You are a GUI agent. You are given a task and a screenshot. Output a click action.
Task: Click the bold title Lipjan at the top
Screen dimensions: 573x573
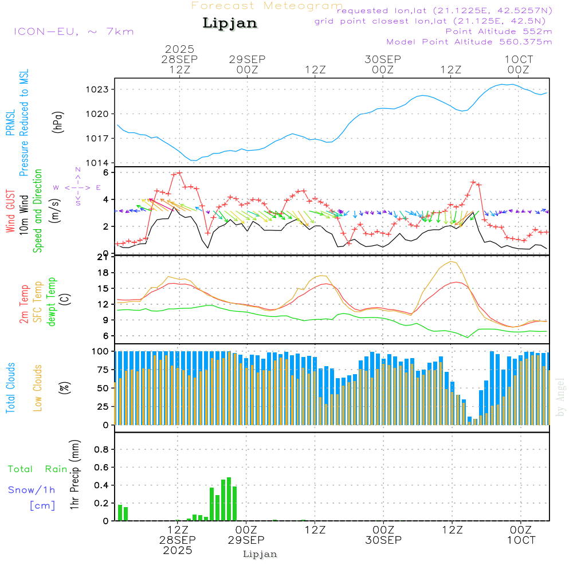click(230, 23)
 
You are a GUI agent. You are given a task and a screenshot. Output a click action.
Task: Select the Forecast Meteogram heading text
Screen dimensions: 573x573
click(267, 6)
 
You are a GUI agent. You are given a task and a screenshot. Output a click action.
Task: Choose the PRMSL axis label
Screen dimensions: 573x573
click(10, 123)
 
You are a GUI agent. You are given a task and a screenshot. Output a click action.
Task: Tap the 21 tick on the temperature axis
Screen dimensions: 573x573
click(103, 257)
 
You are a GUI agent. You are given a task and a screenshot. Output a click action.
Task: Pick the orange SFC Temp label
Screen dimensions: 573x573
click(38, 303)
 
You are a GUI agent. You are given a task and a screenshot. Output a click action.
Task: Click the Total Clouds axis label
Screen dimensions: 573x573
click(10, 388)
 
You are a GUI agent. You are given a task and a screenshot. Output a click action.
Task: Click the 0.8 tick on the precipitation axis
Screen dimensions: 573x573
click(101, 450)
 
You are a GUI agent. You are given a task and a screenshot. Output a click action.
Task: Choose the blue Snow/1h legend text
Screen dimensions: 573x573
click(32, 490)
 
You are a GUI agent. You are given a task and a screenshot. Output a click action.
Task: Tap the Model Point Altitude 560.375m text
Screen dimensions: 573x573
click(469, 42)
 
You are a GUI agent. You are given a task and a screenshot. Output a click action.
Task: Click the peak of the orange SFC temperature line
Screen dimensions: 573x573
click(452, 261)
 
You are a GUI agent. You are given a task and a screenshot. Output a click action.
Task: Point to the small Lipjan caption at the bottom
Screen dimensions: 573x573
click(260, 554)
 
